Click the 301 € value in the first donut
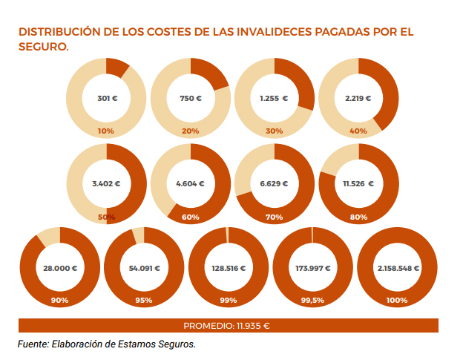click(106, 98)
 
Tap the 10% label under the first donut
click(106, 131)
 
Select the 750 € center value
click(191, 98)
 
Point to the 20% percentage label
click(191, 131)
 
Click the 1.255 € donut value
click(274, 98)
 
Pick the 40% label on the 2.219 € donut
click(358, 131)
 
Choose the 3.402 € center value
click(106, 183)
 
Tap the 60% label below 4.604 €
click(191, 217)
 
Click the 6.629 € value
click(274, 183)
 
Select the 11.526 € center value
click(358, 183)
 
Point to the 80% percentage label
click(358, 217)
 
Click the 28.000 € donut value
click(60, 267)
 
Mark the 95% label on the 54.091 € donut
click(144, 301)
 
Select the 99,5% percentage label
click(312, 301)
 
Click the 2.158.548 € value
click(396, 267)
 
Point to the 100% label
click(396, 301)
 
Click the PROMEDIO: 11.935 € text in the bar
click(226, 325)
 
